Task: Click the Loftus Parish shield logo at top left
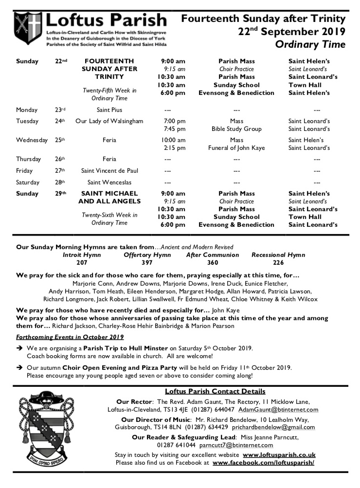[28, 29]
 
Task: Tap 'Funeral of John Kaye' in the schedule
[236, 148]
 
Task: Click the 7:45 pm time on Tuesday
[175, 129]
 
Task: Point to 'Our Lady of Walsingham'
[109, 121]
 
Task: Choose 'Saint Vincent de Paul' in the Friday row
[109, 171]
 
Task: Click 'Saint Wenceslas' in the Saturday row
[109, 182]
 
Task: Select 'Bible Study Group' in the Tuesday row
[236, 129]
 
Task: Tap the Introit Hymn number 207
[82, 263]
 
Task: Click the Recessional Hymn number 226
[278, 263]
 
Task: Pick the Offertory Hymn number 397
[147, 263]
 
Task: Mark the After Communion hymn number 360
[213, 263]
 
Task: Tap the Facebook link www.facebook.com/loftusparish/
[263, 463]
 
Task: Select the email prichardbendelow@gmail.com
[273, 427]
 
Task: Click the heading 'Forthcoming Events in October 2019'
[70, 337]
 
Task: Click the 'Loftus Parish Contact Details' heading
[215, 391]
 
